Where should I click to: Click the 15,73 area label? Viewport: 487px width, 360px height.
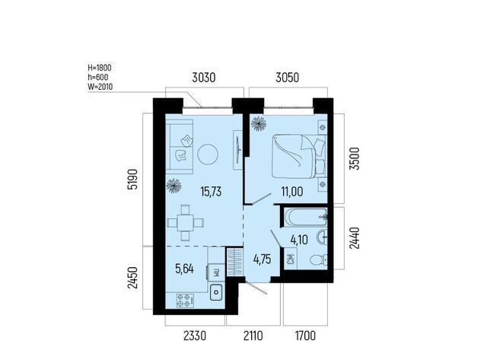tap(211, 192)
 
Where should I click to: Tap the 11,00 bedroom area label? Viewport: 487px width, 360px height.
tap(292, 192)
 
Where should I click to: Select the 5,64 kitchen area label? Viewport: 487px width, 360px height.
tap(184, 269)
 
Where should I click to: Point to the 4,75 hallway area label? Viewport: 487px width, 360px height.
tap(262, 259)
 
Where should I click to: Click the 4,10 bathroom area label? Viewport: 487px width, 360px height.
tap(299, 240)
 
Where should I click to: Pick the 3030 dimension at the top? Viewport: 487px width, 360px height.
tap(203, 78)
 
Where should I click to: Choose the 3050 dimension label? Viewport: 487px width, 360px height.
tap(288, 78)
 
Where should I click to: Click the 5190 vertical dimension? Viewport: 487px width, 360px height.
tap(132, 179)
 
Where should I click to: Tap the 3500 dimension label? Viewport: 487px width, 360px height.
tap(355, 158)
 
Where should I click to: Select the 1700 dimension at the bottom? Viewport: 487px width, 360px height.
tap(305, 336)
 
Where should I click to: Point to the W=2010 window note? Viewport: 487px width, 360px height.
tap(100, 87)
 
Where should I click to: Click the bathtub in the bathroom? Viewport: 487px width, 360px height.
tap(306, 218)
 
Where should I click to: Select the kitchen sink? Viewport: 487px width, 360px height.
tap(216, 292)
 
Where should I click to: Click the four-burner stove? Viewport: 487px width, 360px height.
tap(186, 301)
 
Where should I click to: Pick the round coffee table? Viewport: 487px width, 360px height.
tap(208, 155)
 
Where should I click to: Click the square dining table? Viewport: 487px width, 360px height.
tap(186, 223)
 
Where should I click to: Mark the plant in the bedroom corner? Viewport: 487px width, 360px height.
tap(259, 123)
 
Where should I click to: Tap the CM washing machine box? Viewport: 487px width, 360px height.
tap(291, 259)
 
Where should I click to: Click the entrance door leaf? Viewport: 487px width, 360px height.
tap(256, 288)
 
